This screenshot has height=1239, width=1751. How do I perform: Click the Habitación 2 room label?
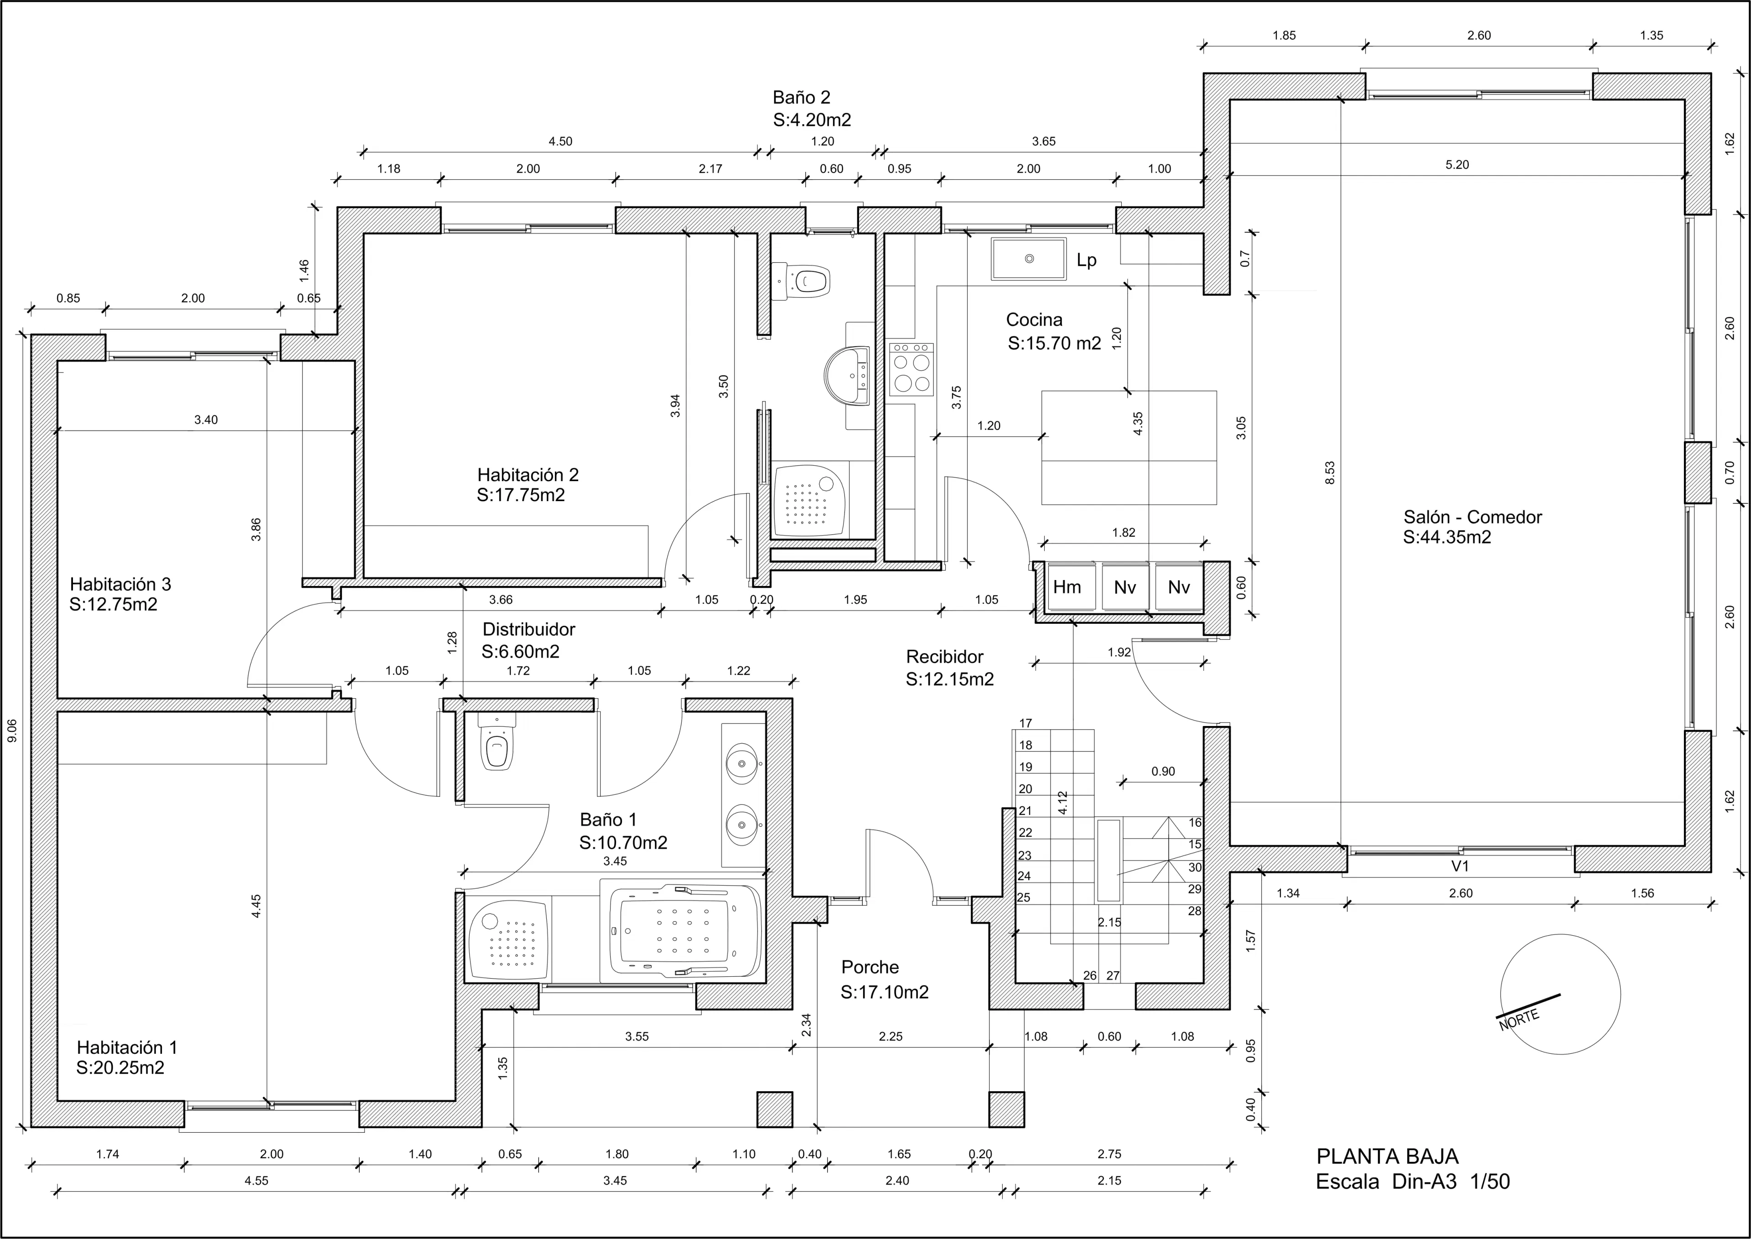click(x=528, y=475)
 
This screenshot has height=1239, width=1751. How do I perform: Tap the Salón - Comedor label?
click(x=1472, y=517)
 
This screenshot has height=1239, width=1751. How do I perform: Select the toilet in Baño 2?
click(x=801, y=281)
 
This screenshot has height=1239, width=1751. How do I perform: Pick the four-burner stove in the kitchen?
click(x=911, y=369)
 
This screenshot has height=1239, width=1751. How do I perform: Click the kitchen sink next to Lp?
click(x=1028, y=259)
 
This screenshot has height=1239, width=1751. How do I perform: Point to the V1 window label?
click(x=1460, y=866)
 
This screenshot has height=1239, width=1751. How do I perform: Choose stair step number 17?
click(x=1026, y=723)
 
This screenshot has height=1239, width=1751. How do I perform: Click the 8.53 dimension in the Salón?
click(x=1329, y=473)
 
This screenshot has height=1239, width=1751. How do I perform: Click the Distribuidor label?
click(x=529, y=629)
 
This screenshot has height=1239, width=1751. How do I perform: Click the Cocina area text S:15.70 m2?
click(x=1054, y=343)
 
